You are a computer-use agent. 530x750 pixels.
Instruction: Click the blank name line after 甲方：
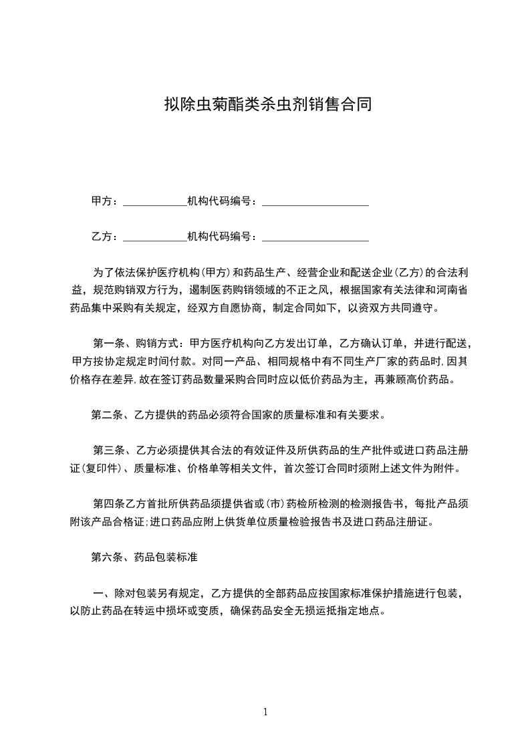[155, 202]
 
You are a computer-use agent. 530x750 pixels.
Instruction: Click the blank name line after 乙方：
[155, 237]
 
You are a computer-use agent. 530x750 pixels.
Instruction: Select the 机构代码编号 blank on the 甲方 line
[315, 202]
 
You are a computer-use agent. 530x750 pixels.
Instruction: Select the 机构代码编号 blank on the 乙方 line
[315, 237]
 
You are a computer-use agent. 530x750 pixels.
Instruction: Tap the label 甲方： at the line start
[105, 201]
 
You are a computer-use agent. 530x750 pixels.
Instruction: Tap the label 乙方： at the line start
[105, 237]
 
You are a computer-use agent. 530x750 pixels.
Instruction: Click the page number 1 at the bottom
[265, 712]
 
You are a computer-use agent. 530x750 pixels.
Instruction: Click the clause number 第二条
[108, 415]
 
